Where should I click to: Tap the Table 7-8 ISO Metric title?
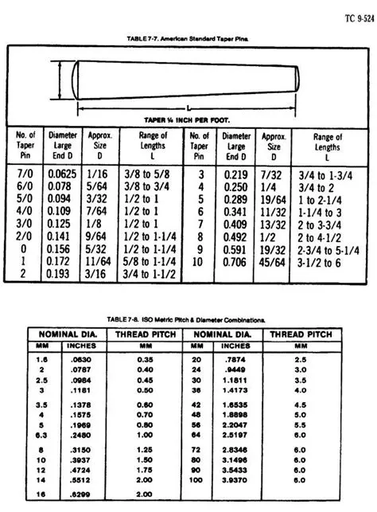[x=188, y=319]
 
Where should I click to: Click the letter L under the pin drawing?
[x=188, y=107]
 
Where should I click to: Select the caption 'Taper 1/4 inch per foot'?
[x=188, y=120]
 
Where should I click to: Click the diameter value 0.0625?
[x=62, y=172]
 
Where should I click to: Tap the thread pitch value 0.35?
[x=145, y=359]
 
